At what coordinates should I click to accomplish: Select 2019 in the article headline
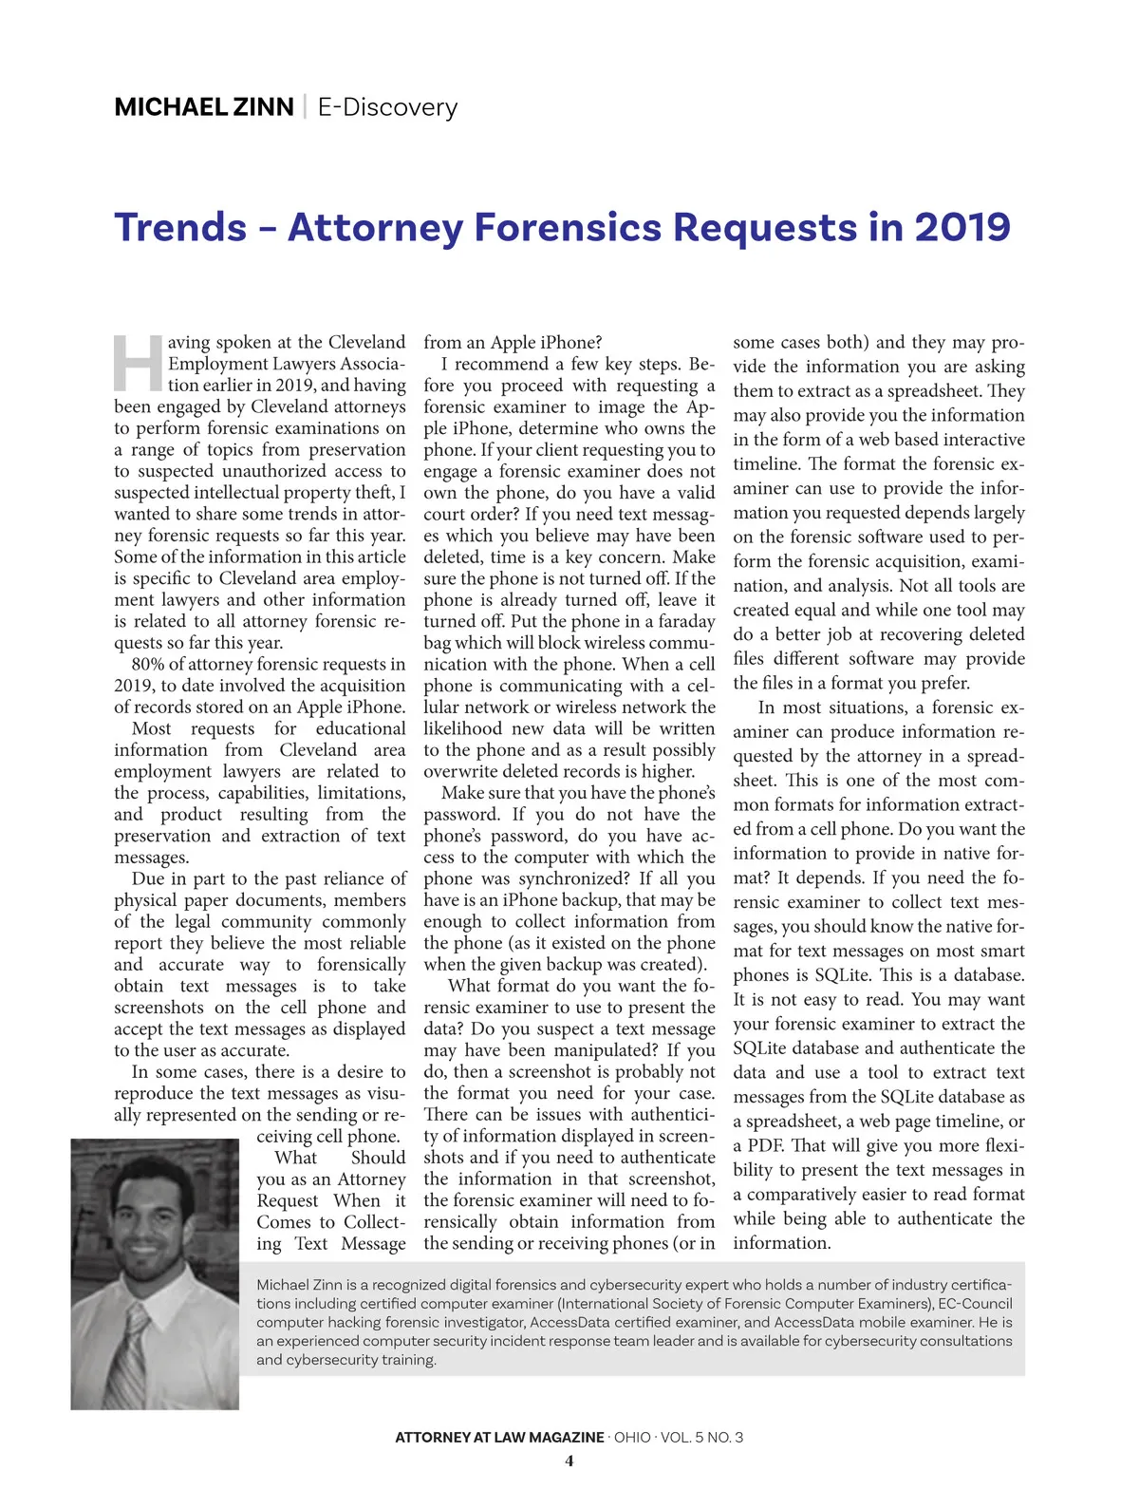(962, 228)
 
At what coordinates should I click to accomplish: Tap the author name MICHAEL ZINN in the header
(203, 107)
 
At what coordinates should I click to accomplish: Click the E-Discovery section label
(387, 107)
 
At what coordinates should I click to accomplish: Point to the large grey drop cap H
(139, 363)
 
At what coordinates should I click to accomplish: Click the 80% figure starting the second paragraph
(147, 664)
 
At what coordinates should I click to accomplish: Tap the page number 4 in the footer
(569, 1461)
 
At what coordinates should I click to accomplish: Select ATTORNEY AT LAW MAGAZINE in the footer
(499, 1437)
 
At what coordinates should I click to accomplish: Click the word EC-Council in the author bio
(975, 1303)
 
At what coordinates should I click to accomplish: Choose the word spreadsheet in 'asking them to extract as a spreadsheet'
(930, 391)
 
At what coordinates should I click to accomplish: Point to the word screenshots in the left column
(159, 1008)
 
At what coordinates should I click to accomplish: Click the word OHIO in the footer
(632, 1437)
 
